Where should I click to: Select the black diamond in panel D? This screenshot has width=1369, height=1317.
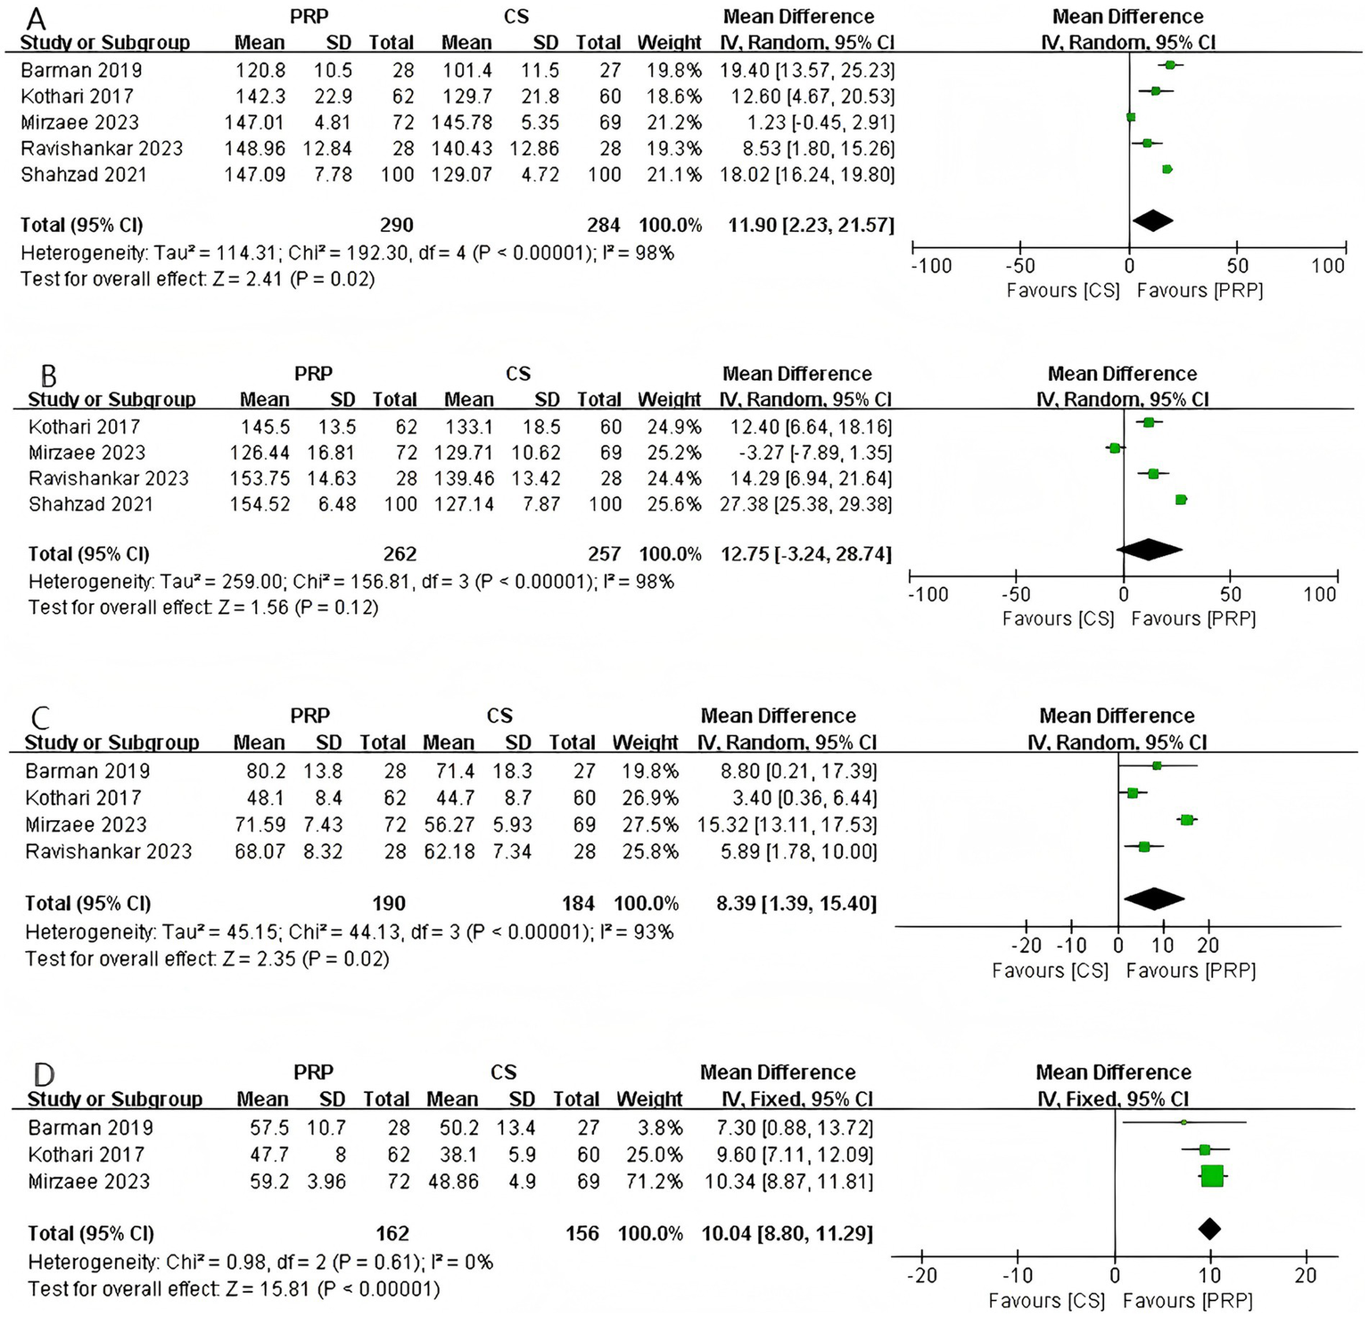point(1208,1230)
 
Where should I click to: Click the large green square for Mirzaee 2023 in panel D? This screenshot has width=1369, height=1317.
point(1212,1177)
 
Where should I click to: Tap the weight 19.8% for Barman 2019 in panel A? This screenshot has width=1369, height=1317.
point(669,70)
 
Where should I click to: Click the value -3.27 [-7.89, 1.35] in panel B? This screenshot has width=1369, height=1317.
point(805,453)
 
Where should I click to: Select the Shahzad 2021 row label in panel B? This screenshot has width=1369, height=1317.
point(91,505)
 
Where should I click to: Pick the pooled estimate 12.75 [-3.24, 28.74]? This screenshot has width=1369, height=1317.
point(805,554)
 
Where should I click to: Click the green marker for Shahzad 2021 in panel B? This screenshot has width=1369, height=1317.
point(1181,500)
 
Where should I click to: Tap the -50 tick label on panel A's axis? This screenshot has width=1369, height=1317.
point(1019,266)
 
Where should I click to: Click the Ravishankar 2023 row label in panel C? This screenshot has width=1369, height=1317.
point(108,852)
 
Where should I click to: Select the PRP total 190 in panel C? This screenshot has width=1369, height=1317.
point(388,904)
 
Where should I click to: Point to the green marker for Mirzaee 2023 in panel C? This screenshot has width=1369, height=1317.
point(1186,820)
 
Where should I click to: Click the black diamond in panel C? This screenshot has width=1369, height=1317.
point(1154,899)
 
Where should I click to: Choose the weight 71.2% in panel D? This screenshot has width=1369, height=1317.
point(650,1182)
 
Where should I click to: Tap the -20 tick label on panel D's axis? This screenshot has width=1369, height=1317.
point(922,1276)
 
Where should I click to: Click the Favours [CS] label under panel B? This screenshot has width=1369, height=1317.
point(1058,619)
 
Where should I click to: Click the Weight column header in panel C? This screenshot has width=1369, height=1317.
point(645,743)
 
